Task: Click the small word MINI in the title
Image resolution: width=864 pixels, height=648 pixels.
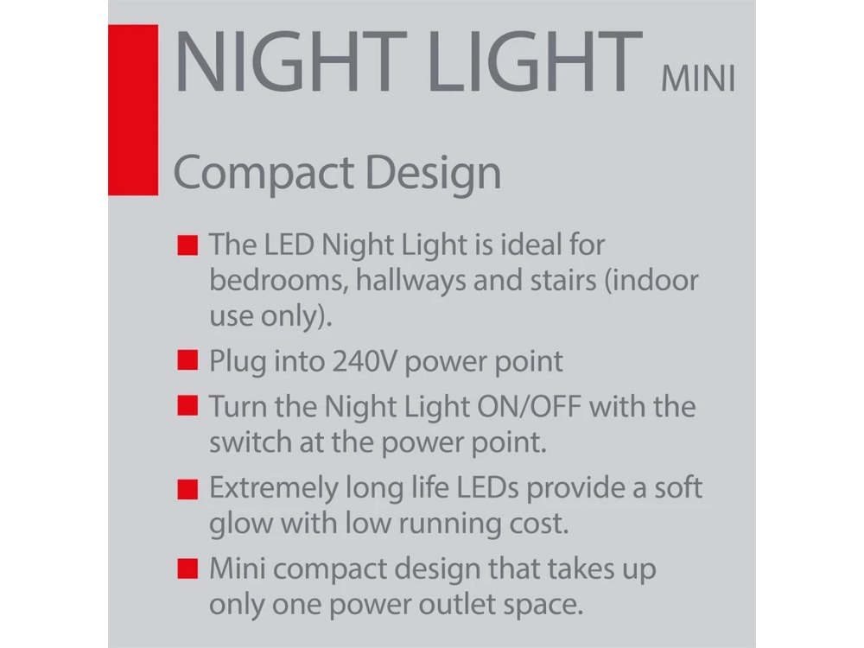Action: click(x=697, y=79)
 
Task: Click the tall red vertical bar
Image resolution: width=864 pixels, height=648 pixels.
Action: click(x=132, y=109)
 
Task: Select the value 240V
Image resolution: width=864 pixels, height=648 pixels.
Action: click(x=365, y=360)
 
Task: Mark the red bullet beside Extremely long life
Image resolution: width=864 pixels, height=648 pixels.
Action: click(x=186, y=489)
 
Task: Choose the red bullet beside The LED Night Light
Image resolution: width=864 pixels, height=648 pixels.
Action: click(x=186, y=245)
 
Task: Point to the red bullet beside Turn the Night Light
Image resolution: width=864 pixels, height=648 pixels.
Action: click(x=186, y=406)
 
